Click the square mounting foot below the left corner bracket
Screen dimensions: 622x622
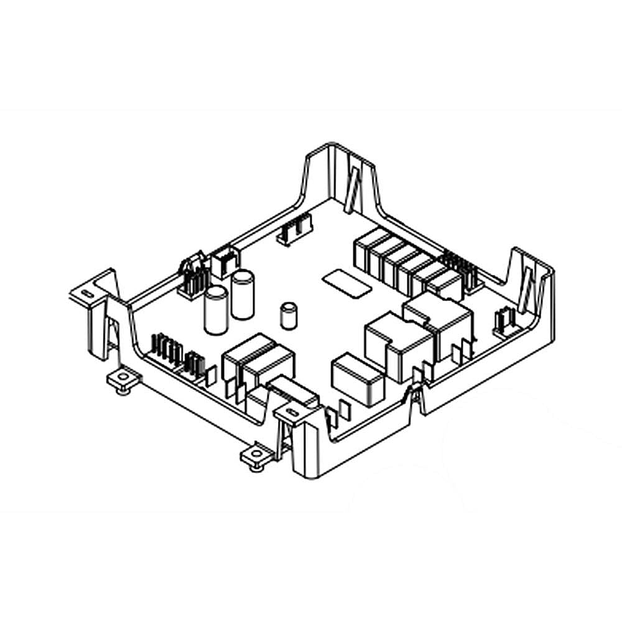coord(123,380)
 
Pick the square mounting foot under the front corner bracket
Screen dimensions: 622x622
coord(256,455)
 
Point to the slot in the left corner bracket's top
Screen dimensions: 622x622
coord(86,292)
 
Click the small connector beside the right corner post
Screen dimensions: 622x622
coord(501,322)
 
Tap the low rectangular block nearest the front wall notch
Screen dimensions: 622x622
coord(357,378)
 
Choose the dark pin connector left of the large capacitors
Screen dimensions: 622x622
coord(193,278)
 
